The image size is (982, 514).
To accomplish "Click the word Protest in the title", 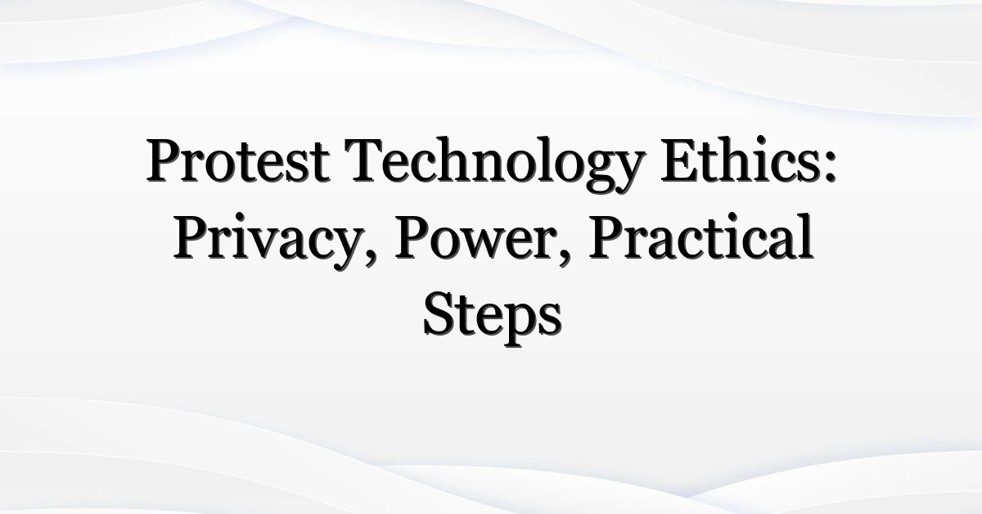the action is pos(237,160).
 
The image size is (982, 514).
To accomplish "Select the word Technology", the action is pos(495,165).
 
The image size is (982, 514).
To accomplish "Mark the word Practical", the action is pos(701,237).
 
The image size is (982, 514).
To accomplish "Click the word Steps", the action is pos(493,319).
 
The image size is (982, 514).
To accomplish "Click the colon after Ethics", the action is pos(830,168).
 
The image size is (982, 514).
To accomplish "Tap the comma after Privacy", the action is pos(370,258).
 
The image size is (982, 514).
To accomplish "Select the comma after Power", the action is pos(565,258).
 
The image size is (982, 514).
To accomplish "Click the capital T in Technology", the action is pos(367,160).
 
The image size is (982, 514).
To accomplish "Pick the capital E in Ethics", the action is pos(680,160).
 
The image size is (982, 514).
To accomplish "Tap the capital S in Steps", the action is pos(439,314).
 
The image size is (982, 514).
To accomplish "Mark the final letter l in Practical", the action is pos(805,237).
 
